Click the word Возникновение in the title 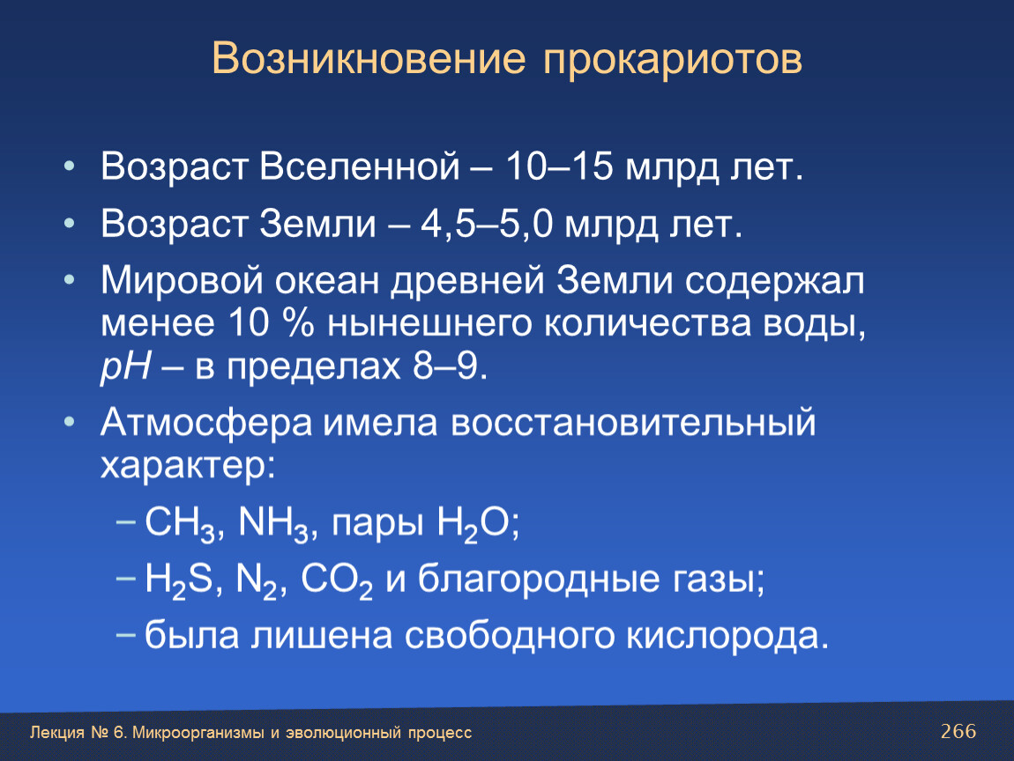pyautogui.click(x=369, y=59)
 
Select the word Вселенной pyautogui.click(x=360, y=166)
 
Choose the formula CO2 pyautogui.click(x=336, y=580)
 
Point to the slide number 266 pyautogui.click(x=958, y=731)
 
